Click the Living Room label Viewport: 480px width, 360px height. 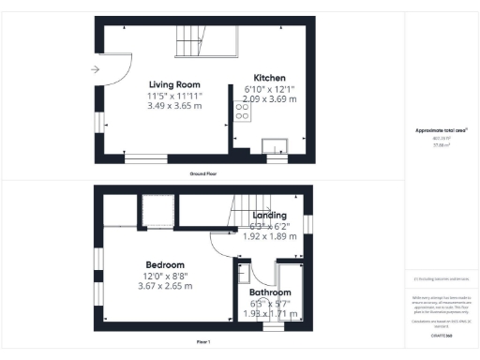[x=175, y=84]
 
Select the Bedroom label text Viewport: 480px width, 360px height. [x=164, y=264]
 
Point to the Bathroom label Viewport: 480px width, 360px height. [x=270, y=293]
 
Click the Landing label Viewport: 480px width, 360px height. [x=269, y=216]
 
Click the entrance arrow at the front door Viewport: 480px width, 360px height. [x=97, y=69]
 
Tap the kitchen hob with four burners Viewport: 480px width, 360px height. [x=241, y=112]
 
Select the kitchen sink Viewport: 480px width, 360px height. [x=276, y=144]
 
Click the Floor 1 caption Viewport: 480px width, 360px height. [x=202, y=341]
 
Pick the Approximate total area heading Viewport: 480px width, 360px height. [x=442, y=130]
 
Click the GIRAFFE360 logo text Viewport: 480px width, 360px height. [x=442, y=334]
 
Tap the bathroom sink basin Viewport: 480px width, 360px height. [x=243, y=275]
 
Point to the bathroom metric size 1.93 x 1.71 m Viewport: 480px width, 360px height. [x=270, y=313]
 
